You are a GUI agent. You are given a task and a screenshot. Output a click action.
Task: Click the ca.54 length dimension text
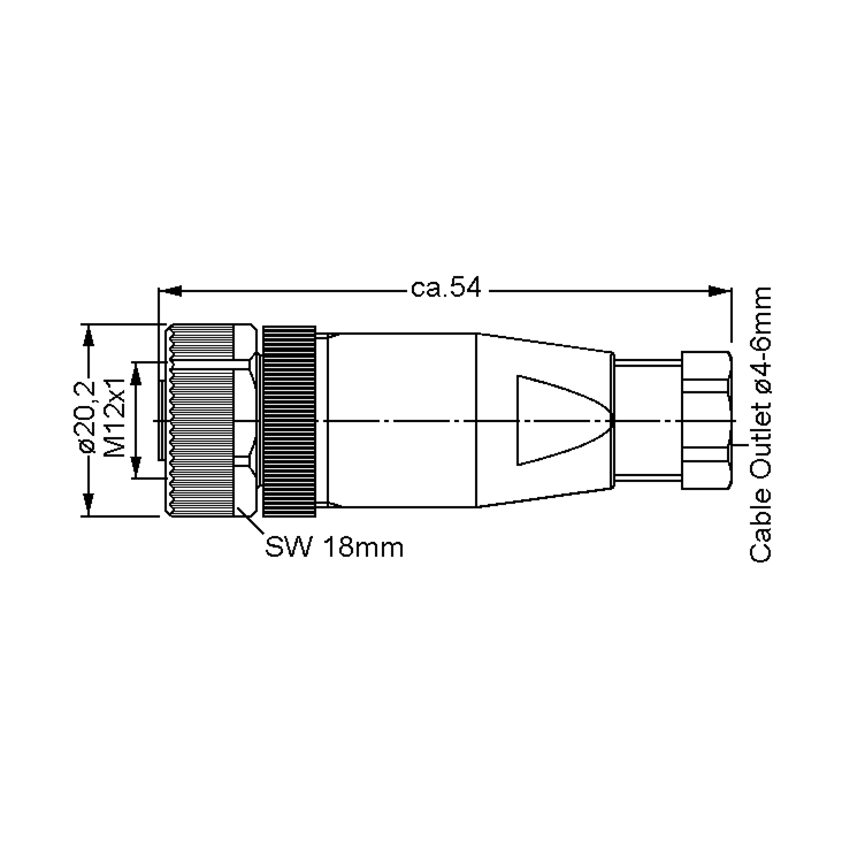click(446, 288)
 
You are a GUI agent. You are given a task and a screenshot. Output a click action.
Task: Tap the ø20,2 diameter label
click(87, 417)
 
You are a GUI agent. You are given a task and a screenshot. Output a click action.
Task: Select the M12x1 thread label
click(115, 417)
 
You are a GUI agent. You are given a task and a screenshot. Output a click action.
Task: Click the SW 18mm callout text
click(334, 547)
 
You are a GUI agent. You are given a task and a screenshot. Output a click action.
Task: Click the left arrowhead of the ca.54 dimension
click(171, 291)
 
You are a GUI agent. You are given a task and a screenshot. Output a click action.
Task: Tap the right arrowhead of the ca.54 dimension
click(719, 291)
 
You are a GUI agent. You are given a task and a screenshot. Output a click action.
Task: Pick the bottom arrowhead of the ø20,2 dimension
click(88, 504)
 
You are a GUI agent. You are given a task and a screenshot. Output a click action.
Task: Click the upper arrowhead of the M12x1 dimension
click(136, 374)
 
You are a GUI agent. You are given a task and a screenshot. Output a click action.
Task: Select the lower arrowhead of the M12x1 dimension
click(136, 466)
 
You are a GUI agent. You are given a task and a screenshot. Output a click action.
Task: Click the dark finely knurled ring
click(289, 421)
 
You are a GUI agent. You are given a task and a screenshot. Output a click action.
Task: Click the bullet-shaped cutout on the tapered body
click(554, 420)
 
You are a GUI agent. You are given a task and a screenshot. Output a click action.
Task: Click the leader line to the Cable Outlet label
click(740, 445)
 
